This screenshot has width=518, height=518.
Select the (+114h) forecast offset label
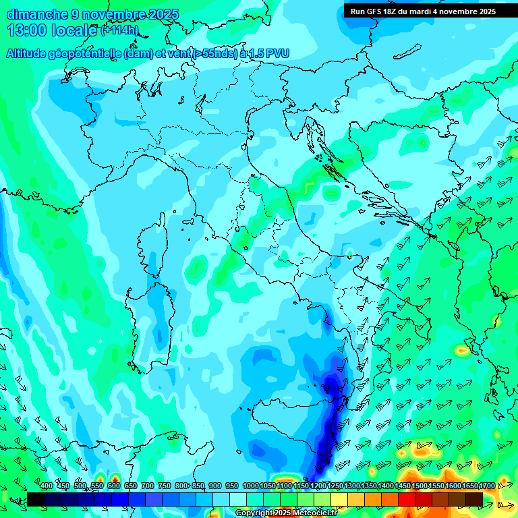coord(120,30)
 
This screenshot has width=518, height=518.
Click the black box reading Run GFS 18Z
coord(423,11)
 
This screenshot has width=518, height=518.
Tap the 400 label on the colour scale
coord(47,486)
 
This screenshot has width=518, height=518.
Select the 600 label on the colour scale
coord(113,486)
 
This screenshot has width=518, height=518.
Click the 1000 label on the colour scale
coord(250,486)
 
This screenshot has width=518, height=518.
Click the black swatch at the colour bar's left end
coord(36,499)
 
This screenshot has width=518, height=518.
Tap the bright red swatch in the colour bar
coord(407,499)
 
